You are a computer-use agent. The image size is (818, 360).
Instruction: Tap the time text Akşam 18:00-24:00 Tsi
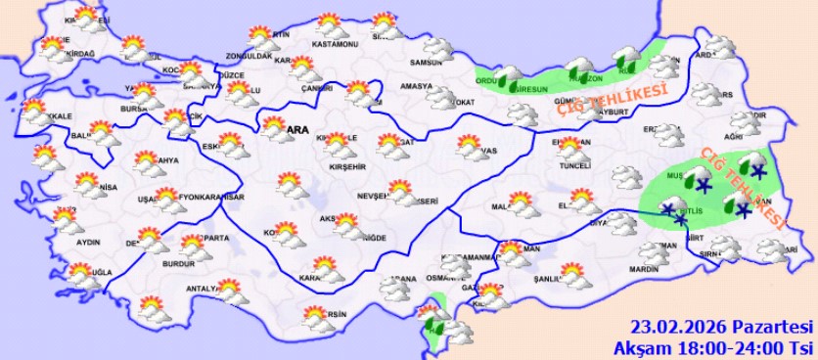click(x=714, y=346)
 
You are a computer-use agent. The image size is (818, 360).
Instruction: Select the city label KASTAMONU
click(x=330, y=44)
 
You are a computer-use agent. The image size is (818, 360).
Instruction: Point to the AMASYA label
click(x=416, y=86)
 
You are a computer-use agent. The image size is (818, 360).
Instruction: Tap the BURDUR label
click(x=179, y=264)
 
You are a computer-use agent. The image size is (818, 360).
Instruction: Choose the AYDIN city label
click(x=88, y=241)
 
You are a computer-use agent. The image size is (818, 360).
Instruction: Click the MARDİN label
click(x=642, y=269)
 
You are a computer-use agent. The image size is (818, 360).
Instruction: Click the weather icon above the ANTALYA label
click(x=231, y=291)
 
